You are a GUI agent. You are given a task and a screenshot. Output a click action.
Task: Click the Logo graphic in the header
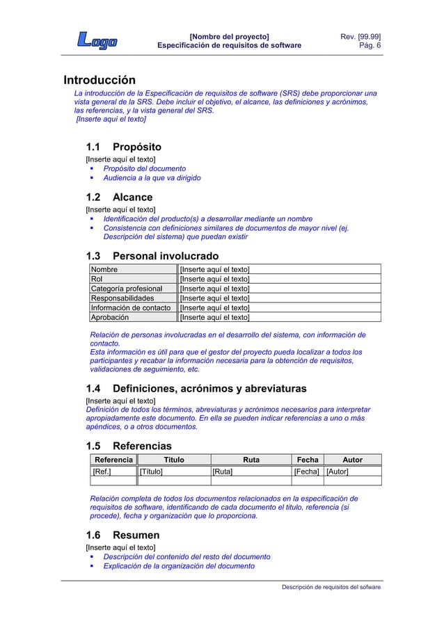(97, 41)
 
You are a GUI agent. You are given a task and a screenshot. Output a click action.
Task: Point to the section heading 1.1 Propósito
(123, 147)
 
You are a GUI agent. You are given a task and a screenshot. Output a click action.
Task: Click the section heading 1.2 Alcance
(118, 198)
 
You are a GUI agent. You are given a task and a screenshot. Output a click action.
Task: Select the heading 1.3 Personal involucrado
(151, 255)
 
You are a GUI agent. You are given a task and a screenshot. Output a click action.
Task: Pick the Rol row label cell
(97, 279)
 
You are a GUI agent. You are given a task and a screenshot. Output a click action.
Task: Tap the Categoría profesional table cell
(127, 289)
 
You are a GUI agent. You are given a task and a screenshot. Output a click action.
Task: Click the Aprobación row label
(110, 317)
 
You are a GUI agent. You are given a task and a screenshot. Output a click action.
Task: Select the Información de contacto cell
(131, 307)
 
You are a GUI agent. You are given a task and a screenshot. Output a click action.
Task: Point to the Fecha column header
(308, 459)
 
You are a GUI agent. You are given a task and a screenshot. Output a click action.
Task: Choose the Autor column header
(353, 459)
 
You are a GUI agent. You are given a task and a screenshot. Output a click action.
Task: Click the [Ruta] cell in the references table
(222, 472)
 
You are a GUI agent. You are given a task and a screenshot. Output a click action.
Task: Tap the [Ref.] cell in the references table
(102, 472)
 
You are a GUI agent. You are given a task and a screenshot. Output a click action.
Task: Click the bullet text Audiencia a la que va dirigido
(152, 179)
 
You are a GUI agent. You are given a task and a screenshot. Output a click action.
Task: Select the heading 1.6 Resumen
(122, 536)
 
